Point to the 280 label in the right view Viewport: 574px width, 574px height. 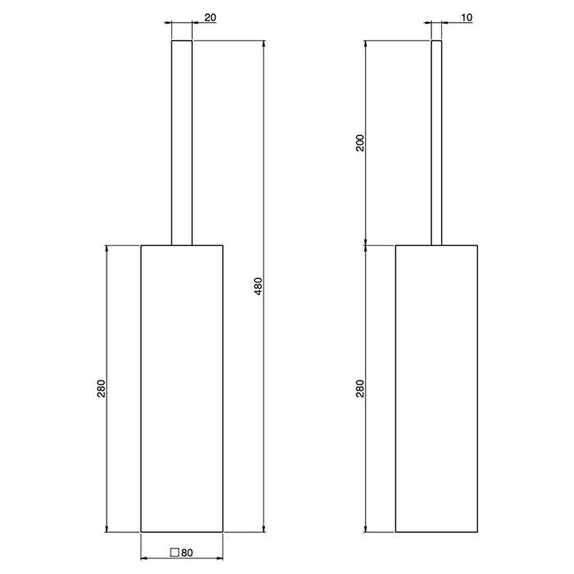click(x=358, y=388)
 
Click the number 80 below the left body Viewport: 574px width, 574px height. click(x=187, y=553)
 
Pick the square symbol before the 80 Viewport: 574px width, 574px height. click(x=174, y=553)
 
